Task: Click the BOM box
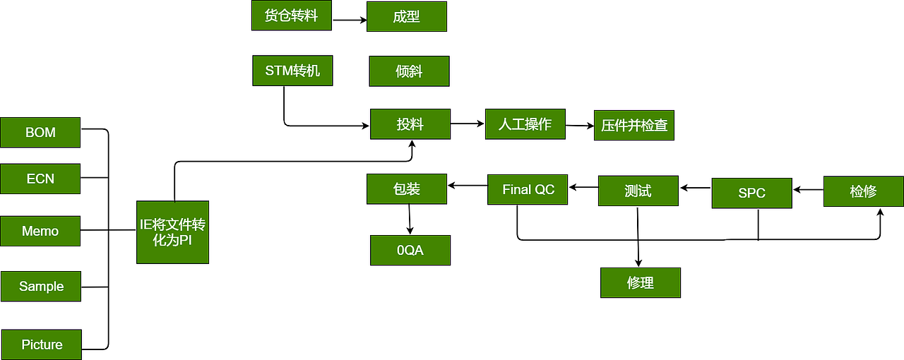point(40,133)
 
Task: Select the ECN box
point(40,179)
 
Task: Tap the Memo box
point(40,231)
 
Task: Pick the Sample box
point(41,286)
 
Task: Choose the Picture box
point(42,344)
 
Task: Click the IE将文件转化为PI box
point(172,232)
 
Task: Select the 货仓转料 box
point(291,16)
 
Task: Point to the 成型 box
point(406,16)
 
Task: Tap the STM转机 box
point(292,71)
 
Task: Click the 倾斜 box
point(409,71)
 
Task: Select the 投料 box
point(410,124)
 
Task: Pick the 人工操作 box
point(525,124)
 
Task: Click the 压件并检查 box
point(634,126)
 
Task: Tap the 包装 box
point(406,189)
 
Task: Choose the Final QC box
point(528,189)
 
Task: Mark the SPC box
point(751,193)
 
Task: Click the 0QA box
point(410,250)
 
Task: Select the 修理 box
point(641,282)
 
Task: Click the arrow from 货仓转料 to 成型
point(349,20)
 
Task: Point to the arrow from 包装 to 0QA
point(409,220)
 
